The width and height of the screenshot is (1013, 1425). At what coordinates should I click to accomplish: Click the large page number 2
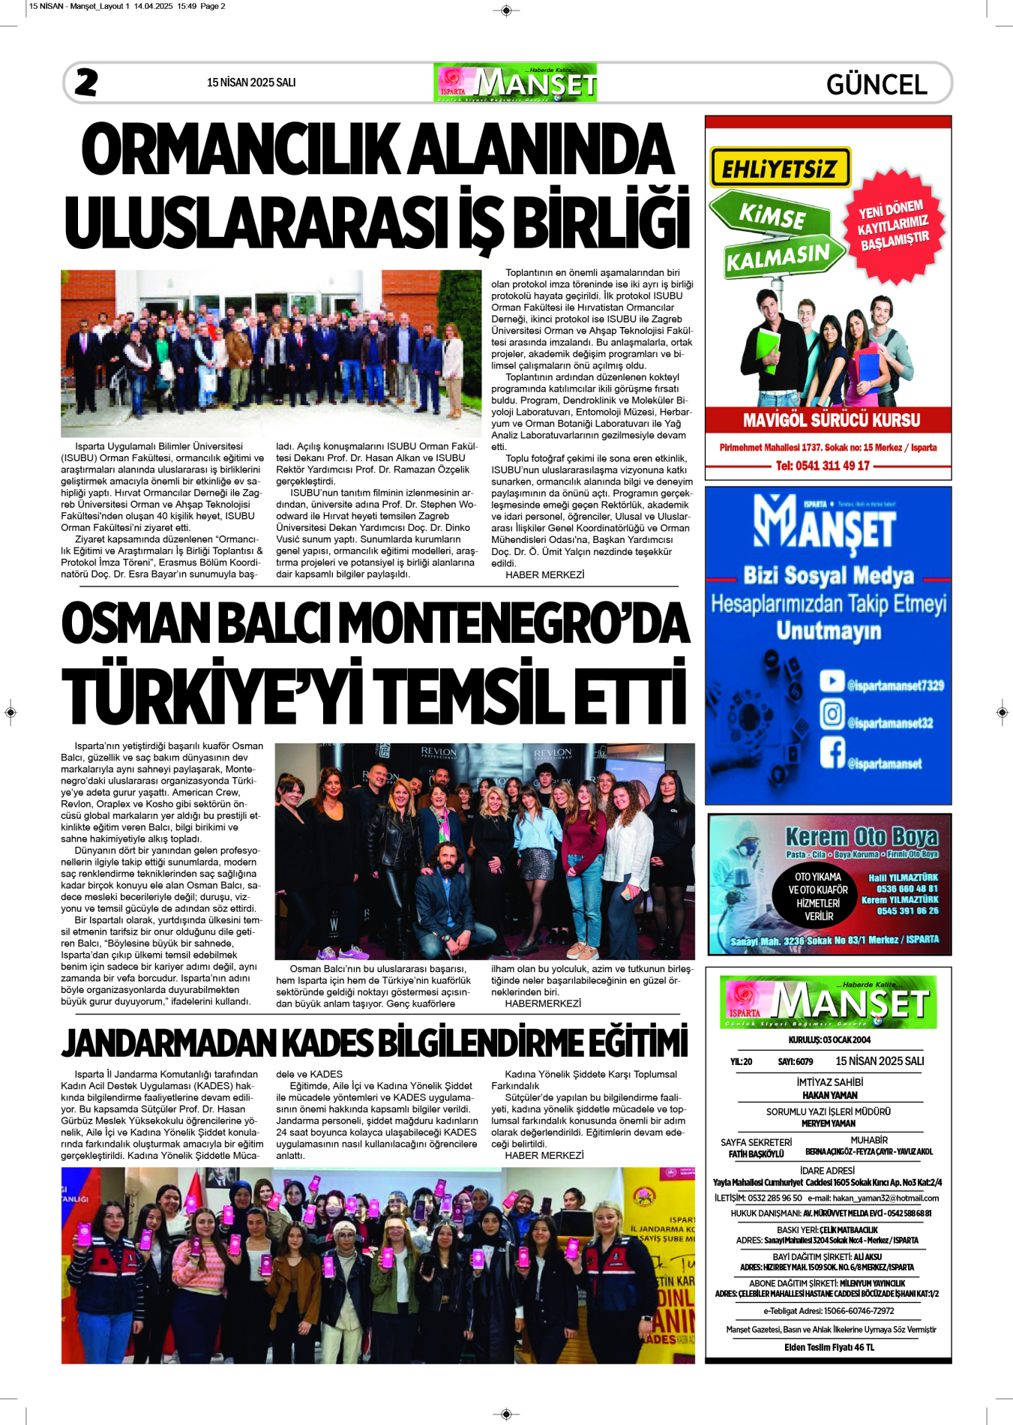click(86, 82)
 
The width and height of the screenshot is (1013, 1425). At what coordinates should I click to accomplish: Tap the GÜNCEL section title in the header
click(876, 84)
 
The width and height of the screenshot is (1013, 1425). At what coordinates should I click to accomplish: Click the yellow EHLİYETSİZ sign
click(780, 167)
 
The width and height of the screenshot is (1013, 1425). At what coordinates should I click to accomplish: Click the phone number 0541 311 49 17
click(823, 466)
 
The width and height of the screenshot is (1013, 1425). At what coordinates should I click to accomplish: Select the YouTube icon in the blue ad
click(832, 680)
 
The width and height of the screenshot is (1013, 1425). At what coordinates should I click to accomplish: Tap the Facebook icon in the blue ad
click(832, 752)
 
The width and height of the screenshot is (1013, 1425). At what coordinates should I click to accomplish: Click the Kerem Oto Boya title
click(861, 836)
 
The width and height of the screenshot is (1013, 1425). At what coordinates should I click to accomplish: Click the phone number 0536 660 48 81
click(907, 889)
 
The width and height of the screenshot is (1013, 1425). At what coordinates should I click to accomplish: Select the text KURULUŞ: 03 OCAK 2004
click(829, 1039)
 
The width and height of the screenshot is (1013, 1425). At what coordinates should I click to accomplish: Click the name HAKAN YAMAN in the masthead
click(829, 1095)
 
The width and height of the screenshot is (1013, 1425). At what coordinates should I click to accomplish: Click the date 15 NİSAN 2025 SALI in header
click(251, 82)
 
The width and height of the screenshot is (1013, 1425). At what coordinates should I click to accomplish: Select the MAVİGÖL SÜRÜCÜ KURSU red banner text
click(831, 420)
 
